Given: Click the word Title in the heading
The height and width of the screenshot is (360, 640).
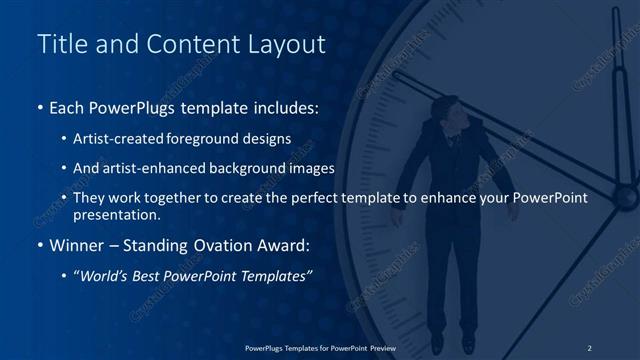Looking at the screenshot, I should pos(61,45).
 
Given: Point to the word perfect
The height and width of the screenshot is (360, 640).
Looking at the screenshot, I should pos(305,198).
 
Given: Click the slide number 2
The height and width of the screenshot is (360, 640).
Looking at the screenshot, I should pos(589,347).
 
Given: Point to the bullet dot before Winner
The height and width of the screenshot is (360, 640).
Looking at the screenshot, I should pos(40,246).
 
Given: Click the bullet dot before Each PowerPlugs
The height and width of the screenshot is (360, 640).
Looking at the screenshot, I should pos(40,107).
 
